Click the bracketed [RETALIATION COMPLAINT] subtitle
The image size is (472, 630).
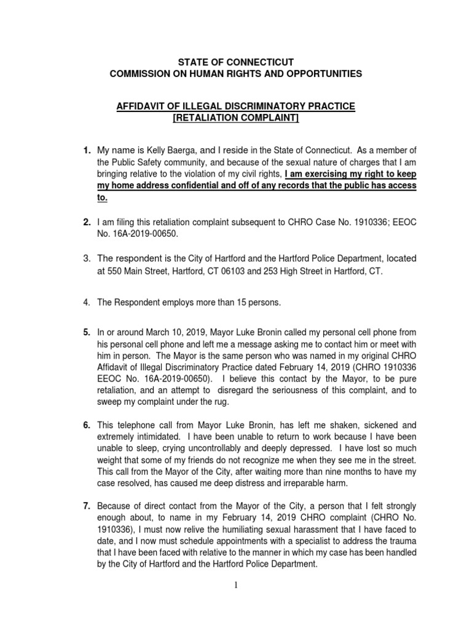[x=235, y=118]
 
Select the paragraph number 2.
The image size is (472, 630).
[x=87, y=220]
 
